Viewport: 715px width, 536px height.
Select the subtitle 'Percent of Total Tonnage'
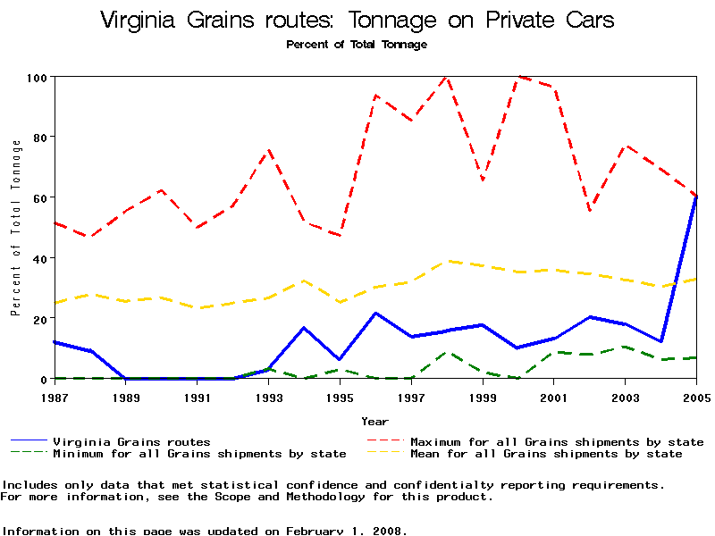pyautogui.click(x=357, y=45)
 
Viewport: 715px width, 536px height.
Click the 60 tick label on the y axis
pyautogui.click(x=38, y=197)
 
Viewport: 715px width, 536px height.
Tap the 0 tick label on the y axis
pyautogui.click(x=42, y=379)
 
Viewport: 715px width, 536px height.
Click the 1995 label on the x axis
pyautogui.click(x=340, y=397)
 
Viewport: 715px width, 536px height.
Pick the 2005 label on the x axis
pyautogui.click(x=696, y=397)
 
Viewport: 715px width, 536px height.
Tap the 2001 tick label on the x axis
pyautogui.click(x=554, y=397)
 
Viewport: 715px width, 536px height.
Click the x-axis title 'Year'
pyautogui.click(x=375, y=421)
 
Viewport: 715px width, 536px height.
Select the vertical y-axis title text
pyautogui.click(x=15, y=228)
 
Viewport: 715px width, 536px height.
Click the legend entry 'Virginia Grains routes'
pyautogui.click(x=131, y=441)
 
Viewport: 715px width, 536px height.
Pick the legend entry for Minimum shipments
pyautogui.click(x=199, y=454)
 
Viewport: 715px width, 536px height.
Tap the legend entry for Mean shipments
pyautogui.click(x=545, y=454)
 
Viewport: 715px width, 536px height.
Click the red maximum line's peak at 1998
pyautogui.click(x=446, y=78)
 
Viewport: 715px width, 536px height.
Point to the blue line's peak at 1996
pyautogui.click(x=375, y=314)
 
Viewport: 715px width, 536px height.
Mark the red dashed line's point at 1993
pyautogui.click(x=268, y=150)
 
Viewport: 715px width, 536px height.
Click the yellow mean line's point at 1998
pyautogui.click(x=447, y=262)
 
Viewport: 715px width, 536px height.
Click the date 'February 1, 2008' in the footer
pyautogui.click(x=346, y=531)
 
